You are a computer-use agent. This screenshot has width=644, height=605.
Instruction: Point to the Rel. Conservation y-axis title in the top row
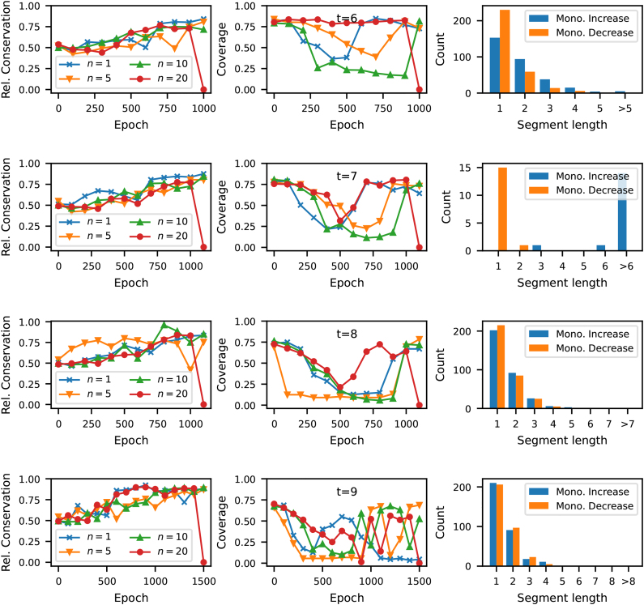tap(8, 49)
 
